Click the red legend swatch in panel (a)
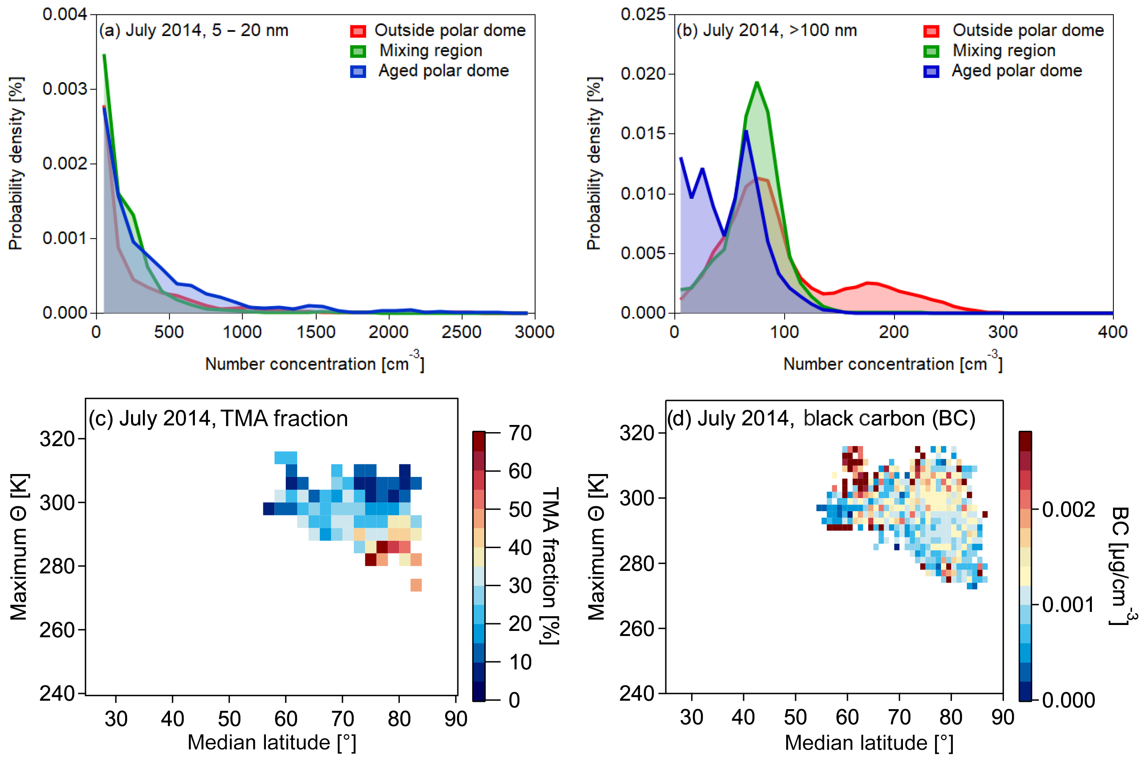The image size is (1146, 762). tap(358, 31)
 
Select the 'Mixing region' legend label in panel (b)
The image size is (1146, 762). tap(1004, 51)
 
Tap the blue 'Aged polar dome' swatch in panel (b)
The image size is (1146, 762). tap(931, 71)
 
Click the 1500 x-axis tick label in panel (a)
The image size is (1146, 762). tap(316, 332)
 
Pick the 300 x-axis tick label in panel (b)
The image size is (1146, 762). tap(1003, 332)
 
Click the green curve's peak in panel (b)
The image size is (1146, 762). tap(757, 82)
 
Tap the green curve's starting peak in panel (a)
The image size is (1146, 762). tap(104, 55)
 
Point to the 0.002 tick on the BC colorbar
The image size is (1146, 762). tap(1068, 509)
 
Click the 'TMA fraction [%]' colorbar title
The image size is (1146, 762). tap(550, 566)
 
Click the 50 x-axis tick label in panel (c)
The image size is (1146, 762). tap(229, 719)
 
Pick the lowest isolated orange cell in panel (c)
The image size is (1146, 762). tap(416, 585)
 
